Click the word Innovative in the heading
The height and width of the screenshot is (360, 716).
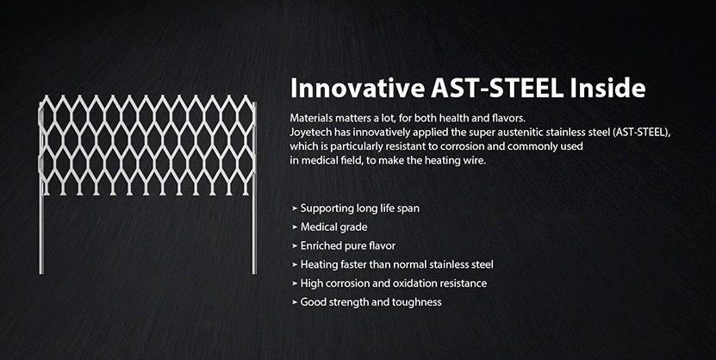(x=358, y=89)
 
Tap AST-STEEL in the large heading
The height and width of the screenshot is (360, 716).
(x=497, y=89)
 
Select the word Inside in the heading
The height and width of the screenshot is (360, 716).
(x=607, y=89)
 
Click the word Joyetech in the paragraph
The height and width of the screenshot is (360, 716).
(x=308, y=133)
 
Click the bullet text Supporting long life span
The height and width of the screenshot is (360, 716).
(x=360, y=208)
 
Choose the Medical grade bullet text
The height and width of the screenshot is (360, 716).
(x=333, y=227)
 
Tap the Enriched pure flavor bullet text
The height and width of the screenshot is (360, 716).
(x=348, y=245)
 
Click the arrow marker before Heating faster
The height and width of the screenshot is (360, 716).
(x=295, y=264)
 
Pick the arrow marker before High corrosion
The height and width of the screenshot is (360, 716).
(x=295, y=283)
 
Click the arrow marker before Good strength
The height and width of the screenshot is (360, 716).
(x=295, y=302)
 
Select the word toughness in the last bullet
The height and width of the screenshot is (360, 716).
(x=420, y=302)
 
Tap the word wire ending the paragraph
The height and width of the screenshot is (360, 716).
(x=476, y=161)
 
